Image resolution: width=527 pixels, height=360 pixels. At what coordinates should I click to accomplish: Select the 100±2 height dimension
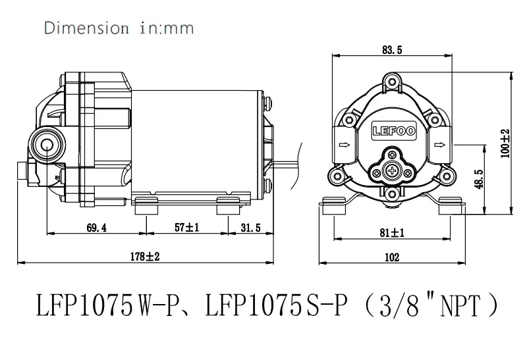point(505,141)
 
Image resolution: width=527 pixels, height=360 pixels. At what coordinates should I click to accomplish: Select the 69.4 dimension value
point(96,228)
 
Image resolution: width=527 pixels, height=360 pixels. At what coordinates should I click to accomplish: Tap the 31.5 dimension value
point(250,228)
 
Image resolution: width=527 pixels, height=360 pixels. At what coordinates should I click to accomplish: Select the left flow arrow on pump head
point(343,145)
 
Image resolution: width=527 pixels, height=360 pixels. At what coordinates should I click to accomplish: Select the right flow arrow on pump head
point(440,145)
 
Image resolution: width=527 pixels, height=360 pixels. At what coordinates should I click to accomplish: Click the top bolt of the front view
point(393,82)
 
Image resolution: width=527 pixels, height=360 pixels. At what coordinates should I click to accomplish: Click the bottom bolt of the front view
point(392,192)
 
